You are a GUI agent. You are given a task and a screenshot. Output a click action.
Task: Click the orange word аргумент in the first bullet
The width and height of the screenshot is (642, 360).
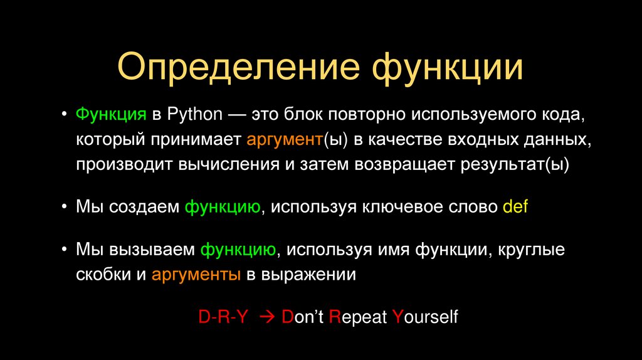(x=284, y=139)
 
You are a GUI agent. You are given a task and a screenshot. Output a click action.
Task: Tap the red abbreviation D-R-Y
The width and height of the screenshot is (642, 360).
(x=224, y=317)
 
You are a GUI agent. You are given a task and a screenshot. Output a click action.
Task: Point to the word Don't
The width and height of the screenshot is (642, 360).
(x=302, y=317)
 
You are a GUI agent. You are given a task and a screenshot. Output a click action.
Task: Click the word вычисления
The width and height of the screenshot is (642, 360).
(x=218, y=164)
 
